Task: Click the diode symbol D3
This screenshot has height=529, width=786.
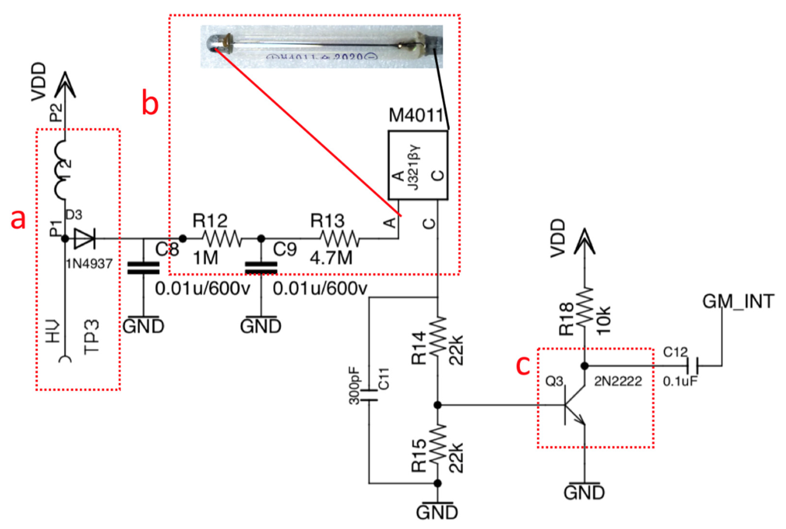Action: pyautogui.click(x=84, y=239)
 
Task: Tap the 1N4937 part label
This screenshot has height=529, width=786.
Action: pyautogui.click(x=89, y=264)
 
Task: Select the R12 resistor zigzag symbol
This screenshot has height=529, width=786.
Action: pyautogui.click(x=222, y=239)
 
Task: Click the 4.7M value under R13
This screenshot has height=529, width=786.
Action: pyautogui.click(x=331, y=258)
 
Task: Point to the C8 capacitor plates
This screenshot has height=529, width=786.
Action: pyautogui.click(x=143, y=268)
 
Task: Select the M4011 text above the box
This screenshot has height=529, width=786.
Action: pyautogui.click(x=415, y=115)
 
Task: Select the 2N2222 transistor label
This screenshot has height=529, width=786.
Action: pyautogui.click(x=618, y=381)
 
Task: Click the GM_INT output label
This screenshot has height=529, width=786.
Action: pyautogui.click(x=738, y=301)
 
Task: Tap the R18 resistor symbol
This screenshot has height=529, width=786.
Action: pyautogui.click(x=584, y=307)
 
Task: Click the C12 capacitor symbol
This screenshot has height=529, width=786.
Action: pyautogui.click(x=692, y=365)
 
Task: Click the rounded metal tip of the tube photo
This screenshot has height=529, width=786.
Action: pyautogui.click(x=212, y=44)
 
